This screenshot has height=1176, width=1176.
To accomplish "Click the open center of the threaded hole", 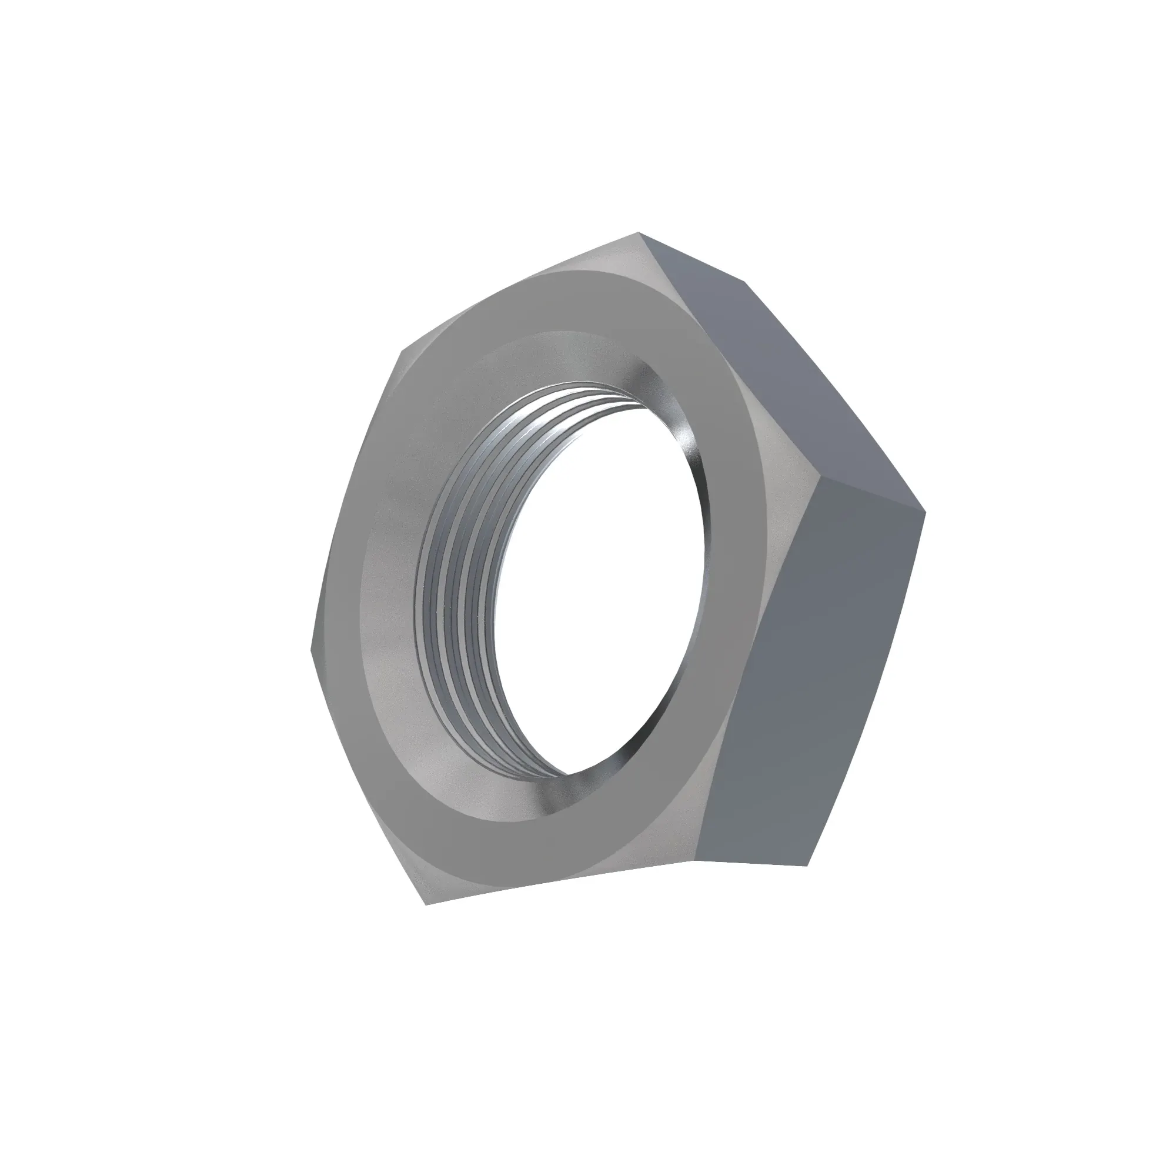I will pos(603,584).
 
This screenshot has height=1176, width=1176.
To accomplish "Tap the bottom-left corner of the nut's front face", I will pos(426,921).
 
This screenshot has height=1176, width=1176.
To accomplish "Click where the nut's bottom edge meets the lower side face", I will pos(695,861).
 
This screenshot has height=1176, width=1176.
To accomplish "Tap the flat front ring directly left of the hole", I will pos(390,584).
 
